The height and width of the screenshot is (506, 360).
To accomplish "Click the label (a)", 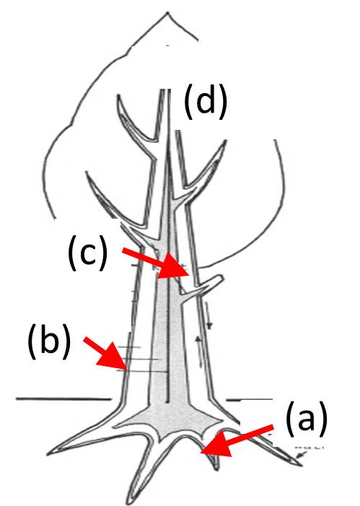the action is (x=307, y=419).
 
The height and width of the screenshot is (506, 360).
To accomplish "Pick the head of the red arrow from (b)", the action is (x=126, y=369).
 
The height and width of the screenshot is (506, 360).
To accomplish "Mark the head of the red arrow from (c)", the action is (x=189, y=274).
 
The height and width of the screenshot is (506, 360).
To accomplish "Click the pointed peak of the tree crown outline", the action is (x=167, y=13).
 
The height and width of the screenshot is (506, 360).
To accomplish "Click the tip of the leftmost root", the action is (x=48, y=455).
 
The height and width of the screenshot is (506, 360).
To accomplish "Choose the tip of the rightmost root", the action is (x=302, y=466).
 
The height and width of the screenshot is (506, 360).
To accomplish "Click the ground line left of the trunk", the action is (x=64, y=399).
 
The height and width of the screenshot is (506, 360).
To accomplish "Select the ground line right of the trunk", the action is (x=249, y=400).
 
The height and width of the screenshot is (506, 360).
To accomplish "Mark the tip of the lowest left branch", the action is (x=87, y=172).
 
